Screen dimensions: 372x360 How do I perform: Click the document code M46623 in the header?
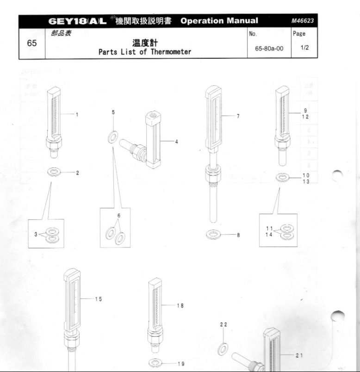[x=302, y=21]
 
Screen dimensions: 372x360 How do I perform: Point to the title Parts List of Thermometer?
[x=145, y=52]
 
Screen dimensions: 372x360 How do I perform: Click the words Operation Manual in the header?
[x=219, y=21]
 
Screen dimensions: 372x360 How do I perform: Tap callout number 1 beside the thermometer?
[x=77, y=114]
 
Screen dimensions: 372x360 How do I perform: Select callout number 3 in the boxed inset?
[x=35, y=235]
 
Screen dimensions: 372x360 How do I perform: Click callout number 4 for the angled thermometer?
[x=176, y=142]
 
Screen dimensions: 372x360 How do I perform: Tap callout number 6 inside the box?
[x=118, y=216]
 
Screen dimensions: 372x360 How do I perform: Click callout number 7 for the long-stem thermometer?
[x=238, y=116]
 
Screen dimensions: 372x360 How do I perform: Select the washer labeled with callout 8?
[x=214, y=235]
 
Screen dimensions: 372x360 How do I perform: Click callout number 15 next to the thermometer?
[x=99, y=299]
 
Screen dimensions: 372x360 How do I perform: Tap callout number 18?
[x=180, y=305]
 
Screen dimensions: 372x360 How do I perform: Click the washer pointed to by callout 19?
[x=156, y=363]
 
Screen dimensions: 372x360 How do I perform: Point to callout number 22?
[x=223, y=325]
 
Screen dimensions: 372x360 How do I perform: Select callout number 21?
[x=299, y=355]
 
